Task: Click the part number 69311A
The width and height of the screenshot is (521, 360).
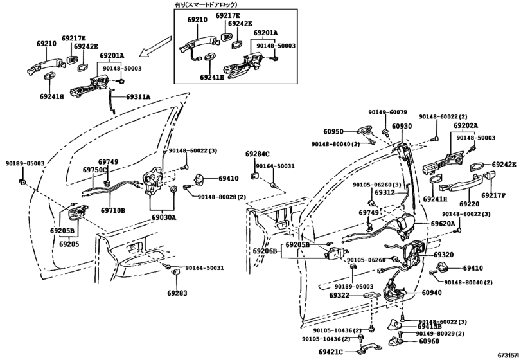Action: click(x=138, y=96)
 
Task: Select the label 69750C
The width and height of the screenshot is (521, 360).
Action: click(x=94, y=170)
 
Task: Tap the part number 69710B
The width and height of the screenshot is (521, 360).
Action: click(x=112, y=210)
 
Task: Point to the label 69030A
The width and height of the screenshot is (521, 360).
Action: click(x=164, y=218)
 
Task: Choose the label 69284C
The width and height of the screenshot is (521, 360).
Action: click(x=257, y=154)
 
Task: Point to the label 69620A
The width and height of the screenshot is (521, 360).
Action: click(x=443, y=224)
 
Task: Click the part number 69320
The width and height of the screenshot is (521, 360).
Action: click(x=443, y=255)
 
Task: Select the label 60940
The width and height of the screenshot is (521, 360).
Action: click(x=435, y=292)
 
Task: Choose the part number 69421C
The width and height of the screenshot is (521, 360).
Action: click(x=331, y=352)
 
